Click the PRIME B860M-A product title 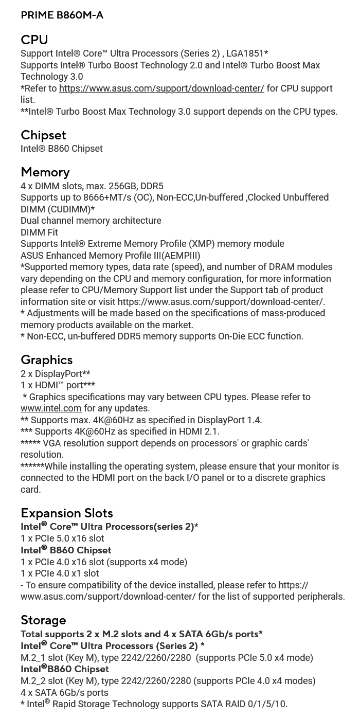pyautogui.click(x=62, y=15)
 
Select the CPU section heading pyautogui.click(x=34, y=40)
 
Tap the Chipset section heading pyautogui.click(x=43, y=135)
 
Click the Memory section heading pyautogui.click(x=45, y=172)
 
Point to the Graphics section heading pyautogui.click(x=46, y=360)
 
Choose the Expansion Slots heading pyautogui.click(x=66, y=513)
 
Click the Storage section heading pyautogui.click(x=43, y=620)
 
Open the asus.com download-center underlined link pyautogui.click(x=161, y=88)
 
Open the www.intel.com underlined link pyautogui.click(x=51, y=408)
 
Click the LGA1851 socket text pyautogui.click(x=247, y=53)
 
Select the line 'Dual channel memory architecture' pyautogui.click(x=91, y=221)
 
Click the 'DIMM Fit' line pyautogui.click(x=39, y=232)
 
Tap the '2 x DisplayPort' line pyautogui.click(x=55, y=374)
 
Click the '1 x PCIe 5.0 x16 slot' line pyautogui.click(x=62, y=538)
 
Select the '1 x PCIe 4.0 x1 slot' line pyautogui.click(x=60, y=573)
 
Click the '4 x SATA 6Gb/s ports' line pyautogui.click(x=64, y=693)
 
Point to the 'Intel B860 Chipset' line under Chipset pyautogui.click(x=61, y=149)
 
